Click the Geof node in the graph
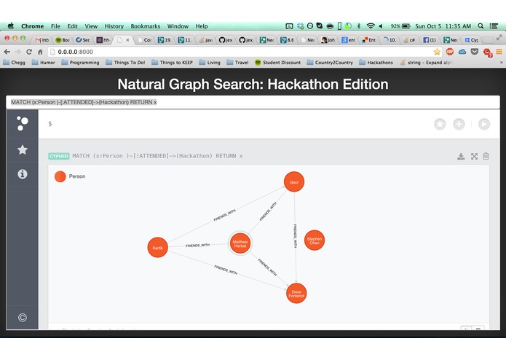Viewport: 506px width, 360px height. click(x=293, y=181)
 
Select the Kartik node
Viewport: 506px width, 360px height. click(x=157, y=248)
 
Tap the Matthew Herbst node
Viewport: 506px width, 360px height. click(x=240, y=243)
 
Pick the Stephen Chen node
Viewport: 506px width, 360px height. click(x=314, y=240)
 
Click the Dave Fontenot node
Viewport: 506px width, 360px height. click(x=296, y=294)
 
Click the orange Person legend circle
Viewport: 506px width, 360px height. click(x=60, y=176)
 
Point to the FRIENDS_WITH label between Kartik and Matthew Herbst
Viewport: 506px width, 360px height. click(x=197, y=246)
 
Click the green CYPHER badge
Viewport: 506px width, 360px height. click(x=58, y=156)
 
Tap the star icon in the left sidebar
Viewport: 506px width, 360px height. click(x=23, y=149)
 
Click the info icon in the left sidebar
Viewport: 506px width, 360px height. click(x=23, y=174)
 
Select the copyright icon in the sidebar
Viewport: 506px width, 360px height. click(x=23, y=317)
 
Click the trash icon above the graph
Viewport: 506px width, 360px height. click(x=486, y=156)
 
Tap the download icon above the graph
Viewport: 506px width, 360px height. click(x=460, y=156)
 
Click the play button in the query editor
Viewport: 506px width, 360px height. click(x=484, y=124)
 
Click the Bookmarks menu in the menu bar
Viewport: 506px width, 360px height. click(x=145, y=26)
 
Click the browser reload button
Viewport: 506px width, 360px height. click(x=29, y=52)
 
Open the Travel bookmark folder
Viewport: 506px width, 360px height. click(x=237, y=63)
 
